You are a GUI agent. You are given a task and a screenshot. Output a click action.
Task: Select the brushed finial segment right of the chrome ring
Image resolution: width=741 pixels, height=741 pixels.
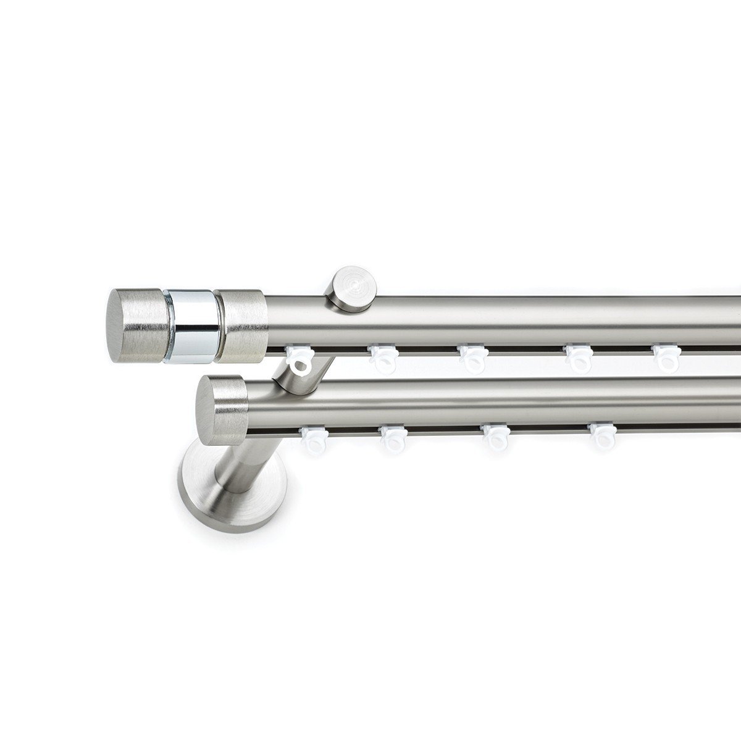(x=242, y=324)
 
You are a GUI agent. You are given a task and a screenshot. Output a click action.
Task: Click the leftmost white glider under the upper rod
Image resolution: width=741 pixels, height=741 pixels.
(x=300, y=360)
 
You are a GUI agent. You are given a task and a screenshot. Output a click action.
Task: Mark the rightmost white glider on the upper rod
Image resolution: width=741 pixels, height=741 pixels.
(x=668, y=359)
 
